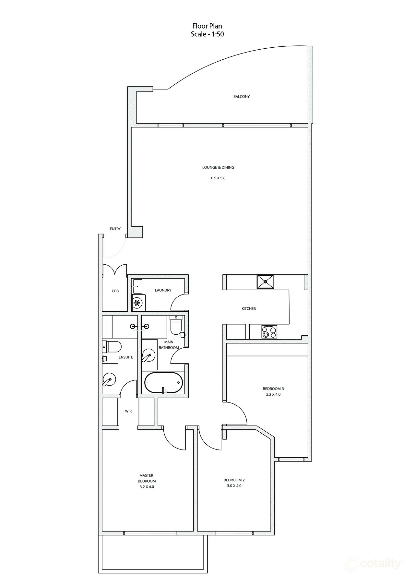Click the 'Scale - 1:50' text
(207, 34)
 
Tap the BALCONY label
(241, 97)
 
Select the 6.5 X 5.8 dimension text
(218, 178)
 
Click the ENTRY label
(115, 229)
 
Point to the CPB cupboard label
(115, 291)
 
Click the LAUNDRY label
(163, 290)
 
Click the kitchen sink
(265, 282)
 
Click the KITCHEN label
(249, 309)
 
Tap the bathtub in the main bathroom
(163, 383)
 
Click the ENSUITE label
(126, 357)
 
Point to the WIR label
(128, 411)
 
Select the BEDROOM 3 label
(273, 389)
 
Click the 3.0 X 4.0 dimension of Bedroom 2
(234, 486)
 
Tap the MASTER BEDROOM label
(147, 478)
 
